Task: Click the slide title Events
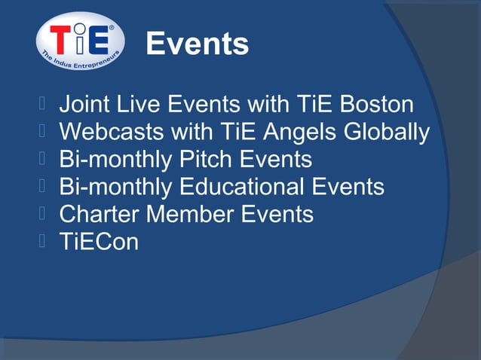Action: coord(197,45)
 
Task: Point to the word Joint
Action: coord(84,105)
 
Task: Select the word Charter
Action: coord(99,215)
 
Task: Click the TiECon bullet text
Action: coord(99,242)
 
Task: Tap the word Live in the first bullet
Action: coord(138,105)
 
